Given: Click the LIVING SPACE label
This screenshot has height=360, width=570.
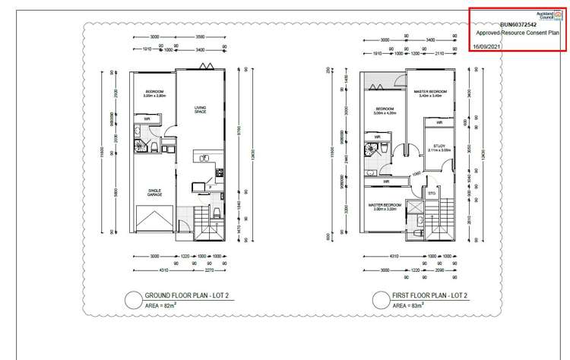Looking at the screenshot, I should [201, 109].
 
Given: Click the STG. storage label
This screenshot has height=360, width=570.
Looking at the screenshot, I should [432, 193].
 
